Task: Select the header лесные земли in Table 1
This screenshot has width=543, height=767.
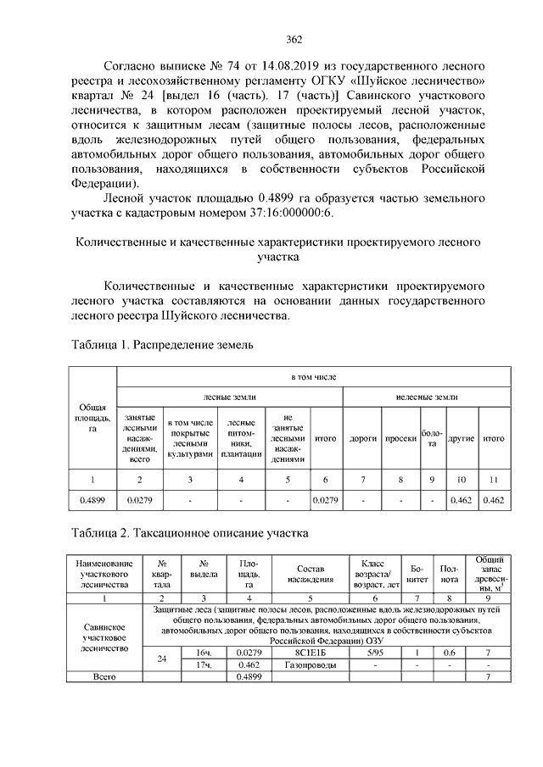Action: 229,396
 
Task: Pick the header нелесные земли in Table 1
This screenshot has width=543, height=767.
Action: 426,396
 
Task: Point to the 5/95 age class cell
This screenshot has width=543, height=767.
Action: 373,653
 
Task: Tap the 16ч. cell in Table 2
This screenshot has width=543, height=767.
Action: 204,653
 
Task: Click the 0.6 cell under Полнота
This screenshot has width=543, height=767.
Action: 449,653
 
